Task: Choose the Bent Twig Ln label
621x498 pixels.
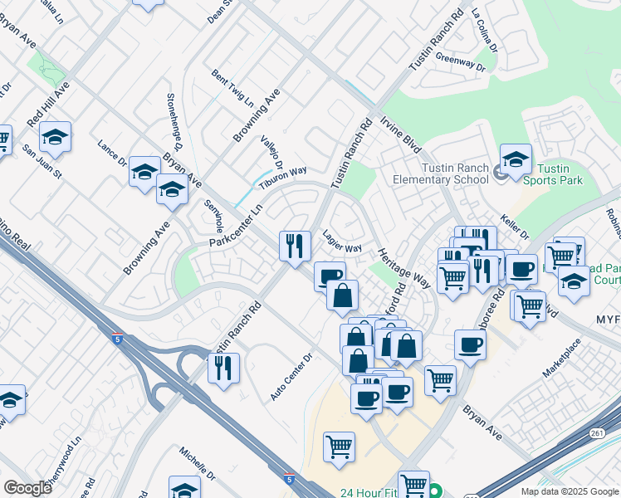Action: (232, 89)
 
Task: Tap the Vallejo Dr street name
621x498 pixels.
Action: (271, 152)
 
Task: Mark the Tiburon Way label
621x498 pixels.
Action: (282, 176)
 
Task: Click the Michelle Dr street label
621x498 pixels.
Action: (198, 464)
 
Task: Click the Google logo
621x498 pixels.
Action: (27, 488)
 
